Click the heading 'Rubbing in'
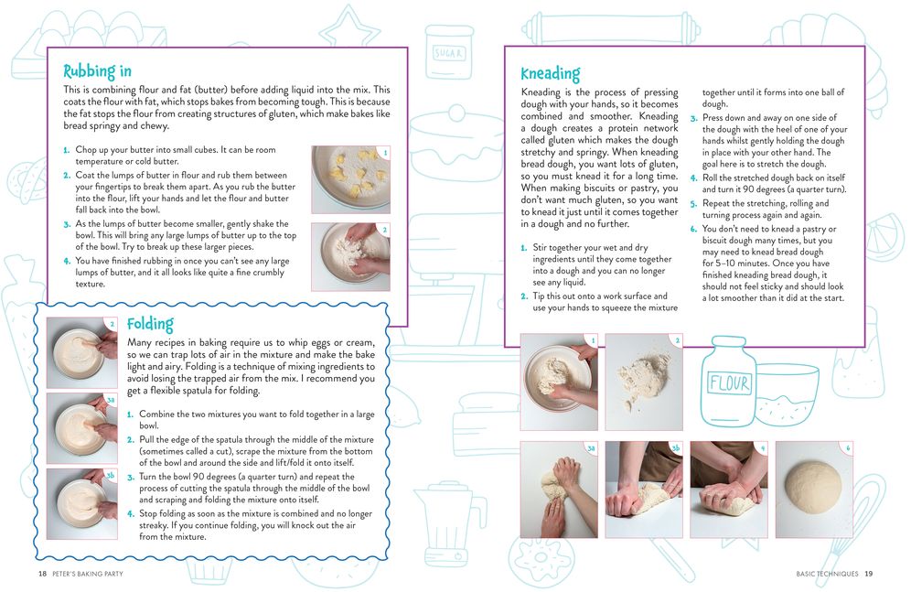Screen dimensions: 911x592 (x=97, y=71)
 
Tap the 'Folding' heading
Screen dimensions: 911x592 (x=150, y=324)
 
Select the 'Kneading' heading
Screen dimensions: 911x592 (x=550, y=74)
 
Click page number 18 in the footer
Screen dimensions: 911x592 (x=42, y=574)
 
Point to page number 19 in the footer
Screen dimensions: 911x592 (x=869, y=574)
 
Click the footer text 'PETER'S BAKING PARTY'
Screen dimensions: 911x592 (x=88, y=574)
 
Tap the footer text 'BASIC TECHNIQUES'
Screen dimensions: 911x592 (x=827, y=574)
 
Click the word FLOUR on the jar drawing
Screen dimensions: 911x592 (x=729, y=382)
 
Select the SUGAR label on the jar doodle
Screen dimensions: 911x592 (x=448, y=53)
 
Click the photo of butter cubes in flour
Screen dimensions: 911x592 (x=351, y=179)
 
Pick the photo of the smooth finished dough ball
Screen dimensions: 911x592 (x=814, y=490)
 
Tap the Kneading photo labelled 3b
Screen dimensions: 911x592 (x=644, y=490)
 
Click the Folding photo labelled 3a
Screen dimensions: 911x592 (x=82, y=428)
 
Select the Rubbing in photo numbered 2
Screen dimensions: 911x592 (x=351, y=257)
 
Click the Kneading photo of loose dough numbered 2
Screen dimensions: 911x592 (x=644, y=382)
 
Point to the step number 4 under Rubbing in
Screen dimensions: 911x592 (x=67, y=262)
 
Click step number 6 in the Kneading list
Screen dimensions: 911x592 (x=693, y=229)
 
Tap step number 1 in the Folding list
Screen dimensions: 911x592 (x=130, y=414)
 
